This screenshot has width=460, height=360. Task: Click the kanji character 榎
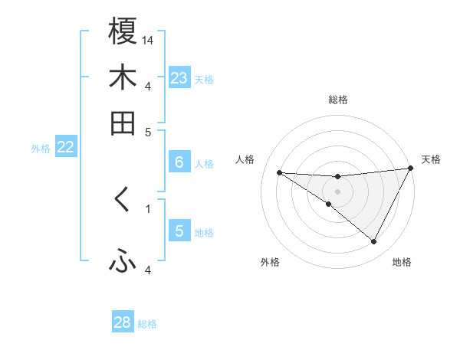pos(123,31)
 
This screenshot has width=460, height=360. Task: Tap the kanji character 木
pos(123,77)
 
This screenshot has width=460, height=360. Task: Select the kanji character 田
pos(123,123)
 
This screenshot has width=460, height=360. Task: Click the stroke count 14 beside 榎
pos(148,40)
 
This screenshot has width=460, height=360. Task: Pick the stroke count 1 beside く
pos(148,208)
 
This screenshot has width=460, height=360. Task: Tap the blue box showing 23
pos(179,78)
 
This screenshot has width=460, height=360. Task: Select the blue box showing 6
pos(179,162)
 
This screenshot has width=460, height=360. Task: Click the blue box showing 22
pos(65,147)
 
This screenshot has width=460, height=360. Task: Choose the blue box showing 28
pos(123,322)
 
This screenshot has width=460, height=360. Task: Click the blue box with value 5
pos(179,231)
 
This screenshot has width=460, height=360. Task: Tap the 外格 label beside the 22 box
pos(41,149)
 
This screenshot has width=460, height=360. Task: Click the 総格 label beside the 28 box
pos(148,324)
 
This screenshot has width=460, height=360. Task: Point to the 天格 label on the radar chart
pos(431,159)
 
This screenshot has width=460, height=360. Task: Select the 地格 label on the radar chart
pos(402,262)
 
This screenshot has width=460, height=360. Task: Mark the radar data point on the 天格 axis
pos(410,169)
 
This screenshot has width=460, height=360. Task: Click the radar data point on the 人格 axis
pos(279,172)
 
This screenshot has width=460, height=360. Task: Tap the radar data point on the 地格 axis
pos(374,242)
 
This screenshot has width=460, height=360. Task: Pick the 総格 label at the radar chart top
pos(337,100)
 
